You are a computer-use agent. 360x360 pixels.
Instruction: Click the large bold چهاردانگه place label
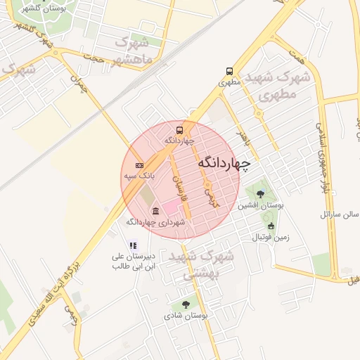coord(224,163)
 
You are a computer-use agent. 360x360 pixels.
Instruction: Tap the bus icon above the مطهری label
coord(229,71)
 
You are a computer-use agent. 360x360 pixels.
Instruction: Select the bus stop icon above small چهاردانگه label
coord(179,129)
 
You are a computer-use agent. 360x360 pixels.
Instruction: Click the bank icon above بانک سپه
coord(139,165)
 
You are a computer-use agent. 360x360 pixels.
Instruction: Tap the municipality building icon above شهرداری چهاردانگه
coord(155,211)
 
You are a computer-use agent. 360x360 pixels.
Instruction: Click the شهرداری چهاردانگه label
coord(155,221)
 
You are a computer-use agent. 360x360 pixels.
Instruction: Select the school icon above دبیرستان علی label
coord(133,245)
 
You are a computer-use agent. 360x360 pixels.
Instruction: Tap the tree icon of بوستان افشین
coord(261,193)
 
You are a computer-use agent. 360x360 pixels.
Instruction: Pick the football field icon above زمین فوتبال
coord(271,226)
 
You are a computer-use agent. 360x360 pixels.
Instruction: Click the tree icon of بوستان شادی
coord(186,304)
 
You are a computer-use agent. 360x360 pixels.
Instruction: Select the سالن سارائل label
coord(340,213)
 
